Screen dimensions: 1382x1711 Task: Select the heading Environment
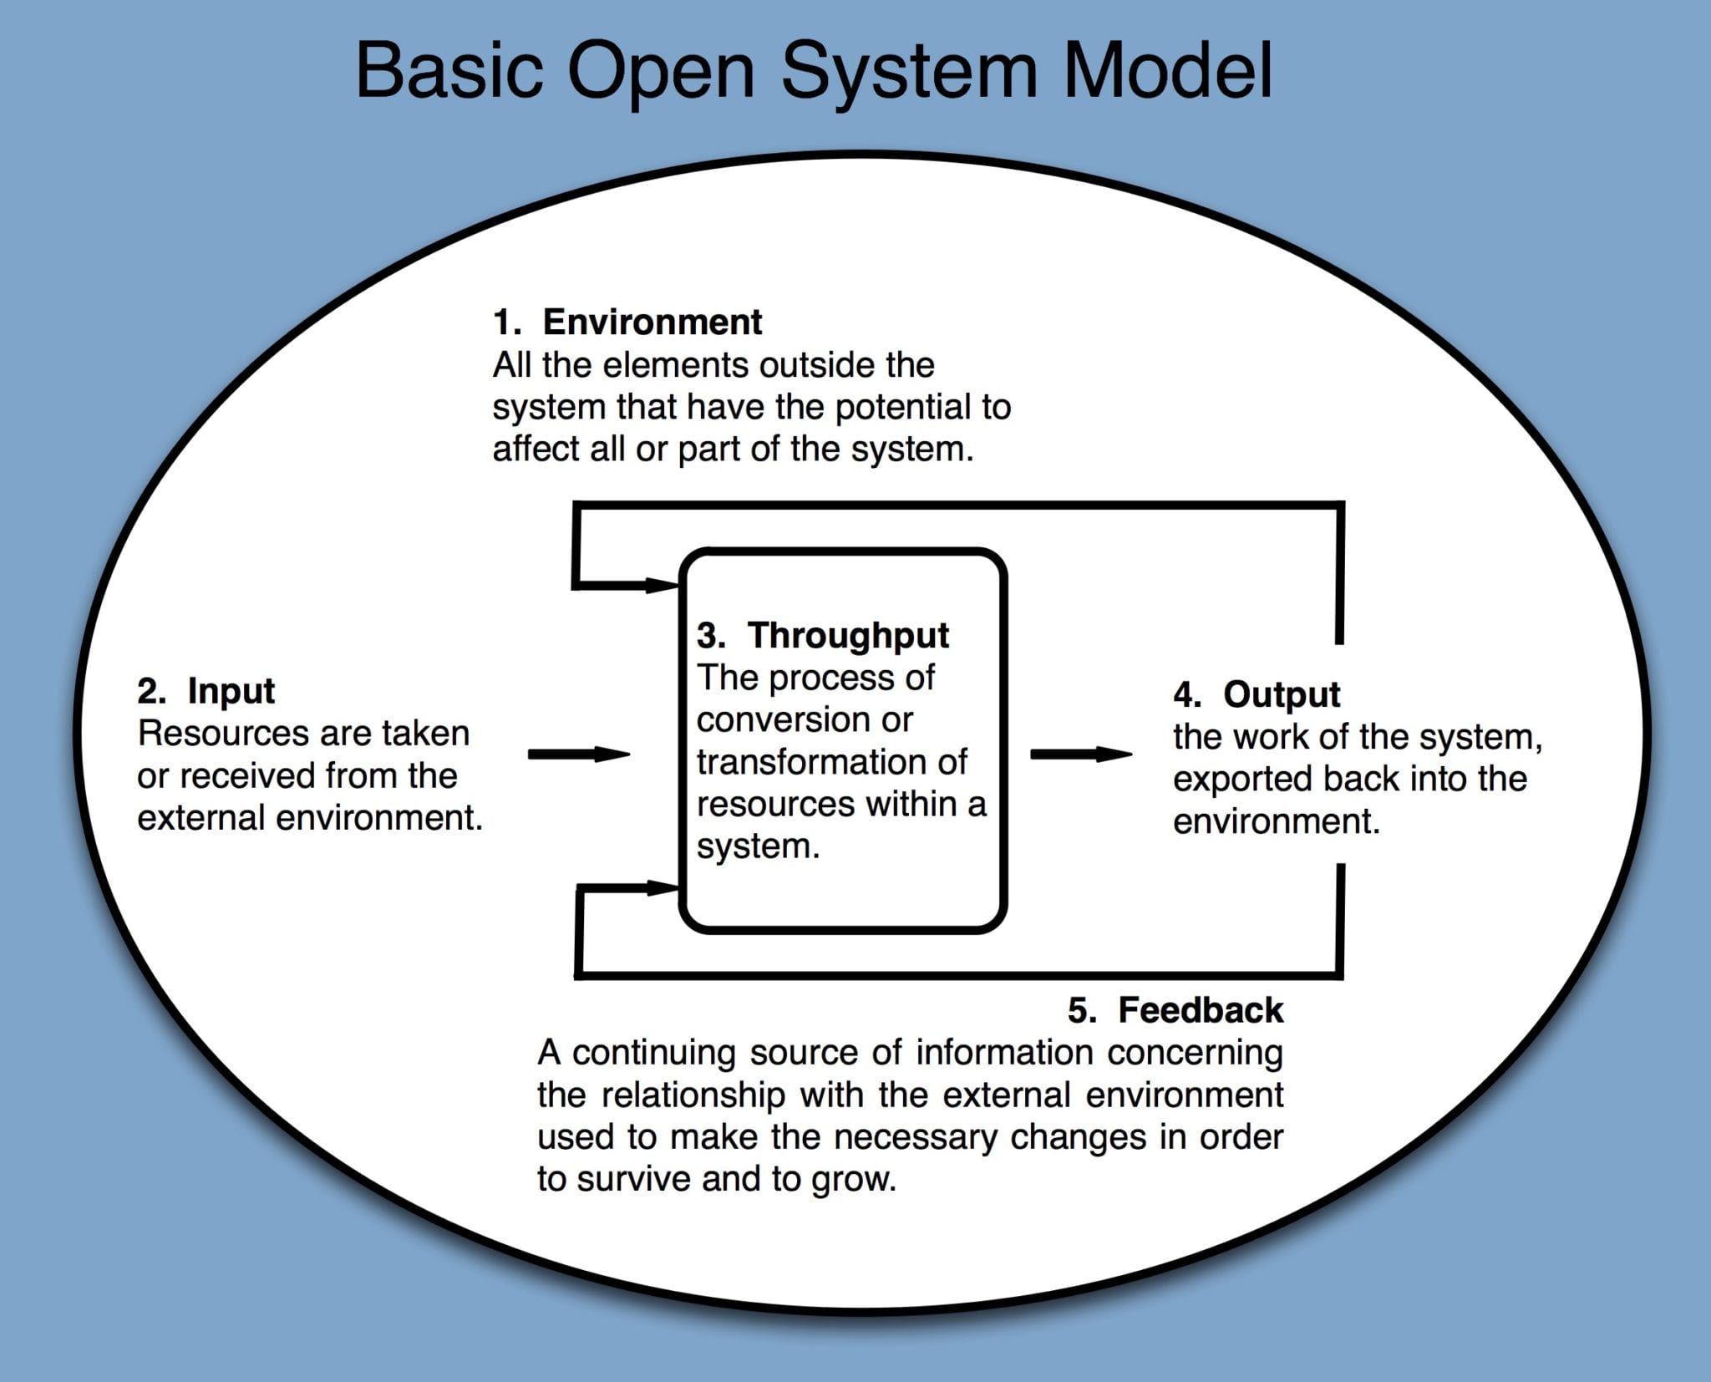point(652,322)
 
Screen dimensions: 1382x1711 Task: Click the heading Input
point(231,691)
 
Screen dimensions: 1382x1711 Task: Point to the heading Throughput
point(847,636)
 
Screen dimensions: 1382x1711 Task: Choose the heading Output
point(1281,695)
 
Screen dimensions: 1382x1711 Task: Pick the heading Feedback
point(1200,1010)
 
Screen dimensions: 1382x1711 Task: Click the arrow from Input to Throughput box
point(578,755)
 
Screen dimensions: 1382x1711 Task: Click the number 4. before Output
point(1186,695)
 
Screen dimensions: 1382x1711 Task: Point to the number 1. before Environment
point(506,322)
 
